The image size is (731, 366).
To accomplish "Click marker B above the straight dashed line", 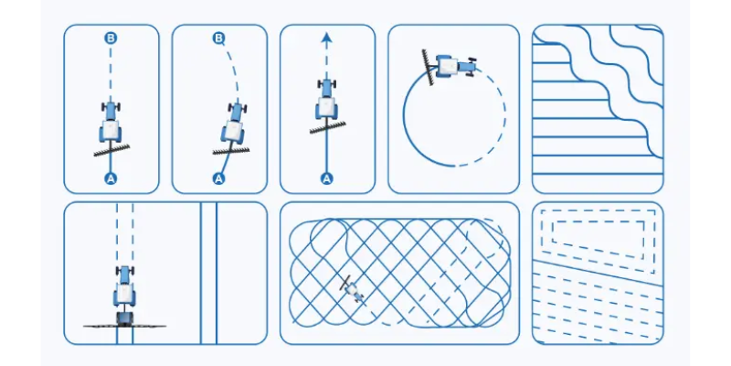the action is point(111,38).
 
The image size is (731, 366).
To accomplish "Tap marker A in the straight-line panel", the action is point(111,178).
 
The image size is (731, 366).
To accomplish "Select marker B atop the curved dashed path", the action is point(218,38).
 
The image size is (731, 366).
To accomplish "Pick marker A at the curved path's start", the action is point(218,178).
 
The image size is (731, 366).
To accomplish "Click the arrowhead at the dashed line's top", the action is point(326,38).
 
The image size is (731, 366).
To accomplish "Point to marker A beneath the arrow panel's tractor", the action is point(326,178).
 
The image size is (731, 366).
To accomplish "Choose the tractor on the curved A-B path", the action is point(234,123).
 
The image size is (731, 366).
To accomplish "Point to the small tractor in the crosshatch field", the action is point(355,291).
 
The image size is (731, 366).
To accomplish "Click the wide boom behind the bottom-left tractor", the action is point(124,326).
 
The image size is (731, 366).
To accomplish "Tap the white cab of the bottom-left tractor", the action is point(124,293).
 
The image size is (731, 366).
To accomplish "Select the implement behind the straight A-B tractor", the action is point(111,150).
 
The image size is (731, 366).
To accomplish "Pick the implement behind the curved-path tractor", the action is point(231,150).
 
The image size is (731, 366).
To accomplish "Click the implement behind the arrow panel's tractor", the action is point(328,127).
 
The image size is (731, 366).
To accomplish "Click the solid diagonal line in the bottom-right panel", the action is point(598,273).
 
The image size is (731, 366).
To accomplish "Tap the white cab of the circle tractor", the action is point(447,66).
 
